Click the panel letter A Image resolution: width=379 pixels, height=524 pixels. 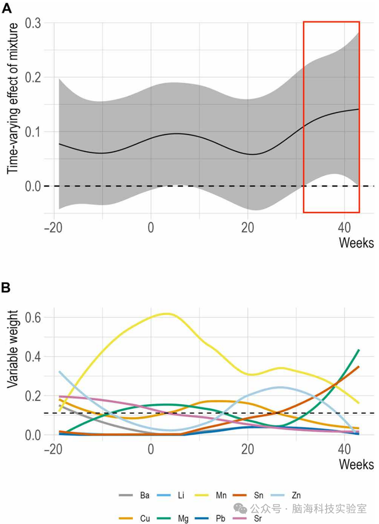pos(7,8)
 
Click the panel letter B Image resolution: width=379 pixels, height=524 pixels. pos(6,288)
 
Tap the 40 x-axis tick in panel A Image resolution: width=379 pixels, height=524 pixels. pos(344,228)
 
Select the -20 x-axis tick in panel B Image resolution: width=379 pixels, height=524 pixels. pos(53,449)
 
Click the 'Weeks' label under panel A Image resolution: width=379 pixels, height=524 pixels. pos(356,243)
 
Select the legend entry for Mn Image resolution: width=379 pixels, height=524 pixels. pos(211,495)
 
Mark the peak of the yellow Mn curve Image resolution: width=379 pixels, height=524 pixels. pos(168,313)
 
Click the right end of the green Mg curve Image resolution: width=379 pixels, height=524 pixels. pos(359,350)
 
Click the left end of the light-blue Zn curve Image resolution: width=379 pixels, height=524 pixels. pos(60,371)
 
